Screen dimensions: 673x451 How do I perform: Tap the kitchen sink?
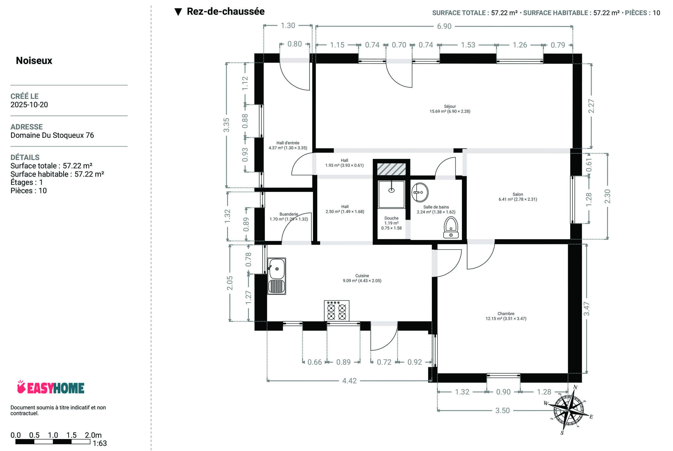[x=277, y=276]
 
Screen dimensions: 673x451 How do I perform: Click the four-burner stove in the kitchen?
[x=337, y=311]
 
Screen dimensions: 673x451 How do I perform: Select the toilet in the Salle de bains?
[x=451, y=227]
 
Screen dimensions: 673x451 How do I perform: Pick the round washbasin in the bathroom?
[x=420, y=192]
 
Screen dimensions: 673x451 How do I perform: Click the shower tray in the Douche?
[x=391, y=194]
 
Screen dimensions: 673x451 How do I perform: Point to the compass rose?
[x=568, y=409]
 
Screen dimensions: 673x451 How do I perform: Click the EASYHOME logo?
[x=51, y=387]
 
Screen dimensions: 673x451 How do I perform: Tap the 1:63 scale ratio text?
[x=100, y=443]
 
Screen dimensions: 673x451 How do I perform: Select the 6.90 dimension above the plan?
[x=444, y=26]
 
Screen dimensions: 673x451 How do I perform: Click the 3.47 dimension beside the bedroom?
[x=587, y=308]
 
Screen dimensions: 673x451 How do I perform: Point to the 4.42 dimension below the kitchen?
[x=349, y=381]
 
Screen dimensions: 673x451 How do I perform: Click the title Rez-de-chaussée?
[x=225, y=12]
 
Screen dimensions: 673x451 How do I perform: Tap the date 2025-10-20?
[x=29, y=105]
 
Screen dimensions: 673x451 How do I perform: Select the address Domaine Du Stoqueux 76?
[x=52, y=135]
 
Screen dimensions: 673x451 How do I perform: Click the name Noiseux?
[x=34, y=60]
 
